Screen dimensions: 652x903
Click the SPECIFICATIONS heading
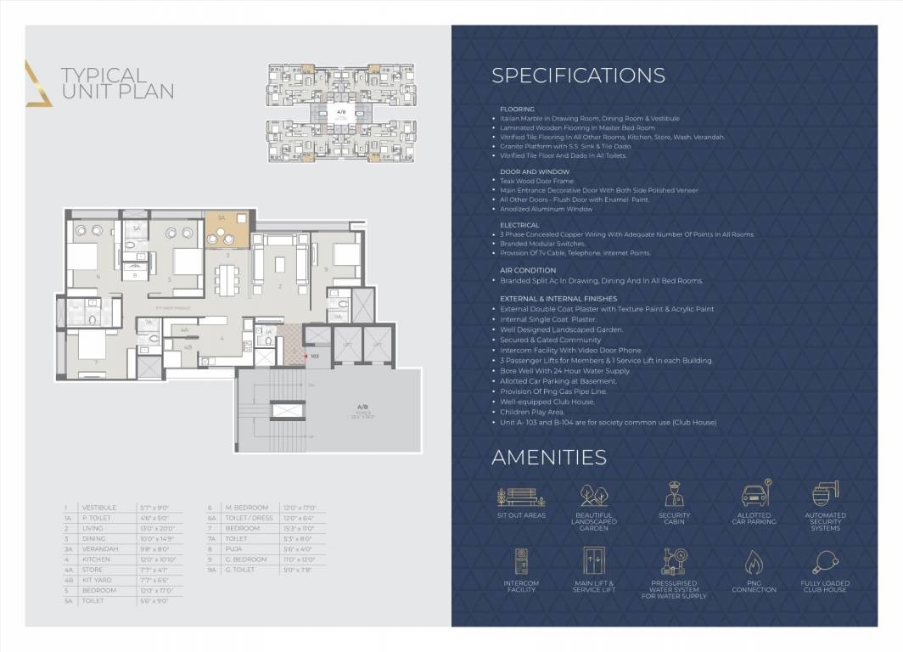(578, 75)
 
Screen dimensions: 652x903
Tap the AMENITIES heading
(548, 458)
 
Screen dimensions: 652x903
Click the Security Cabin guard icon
(674, 494)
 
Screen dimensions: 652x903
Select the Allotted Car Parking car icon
(754, 494)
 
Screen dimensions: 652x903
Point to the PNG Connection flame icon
(754, 562)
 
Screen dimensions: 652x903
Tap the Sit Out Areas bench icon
(521, 496)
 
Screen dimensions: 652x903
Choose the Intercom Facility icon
(521, 562)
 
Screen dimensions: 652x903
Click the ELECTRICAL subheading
(519, 225)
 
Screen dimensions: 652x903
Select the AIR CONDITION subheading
(528, 270)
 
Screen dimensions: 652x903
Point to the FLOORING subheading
(517, 110)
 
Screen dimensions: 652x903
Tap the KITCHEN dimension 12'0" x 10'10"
(157, 560)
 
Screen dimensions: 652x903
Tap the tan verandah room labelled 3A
(227, 228)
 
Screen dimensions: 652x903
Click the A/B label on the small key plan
(341, 112)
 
